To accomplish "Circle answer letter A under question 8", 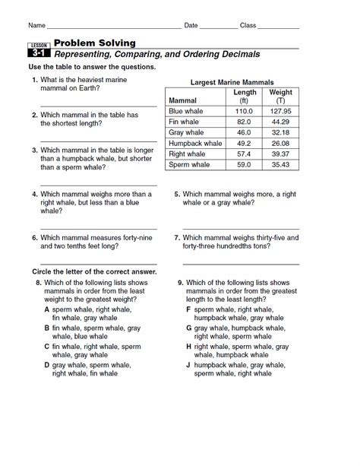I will coord(47,310).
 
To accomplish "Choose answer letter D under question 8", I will coord(47,365).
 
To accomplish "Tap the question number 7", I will coord(176,237).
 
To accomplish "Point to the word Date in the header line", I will coord(191,26).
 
